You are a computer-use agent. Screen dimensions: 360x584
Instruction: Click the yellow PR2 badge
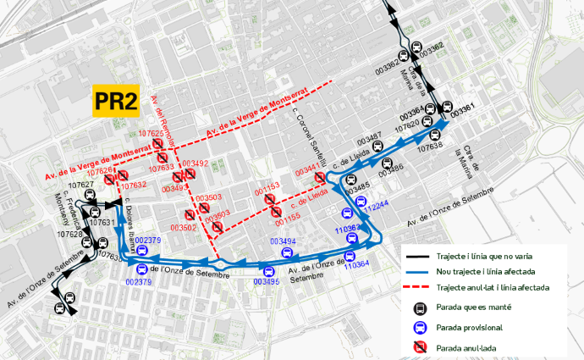click(115, 102)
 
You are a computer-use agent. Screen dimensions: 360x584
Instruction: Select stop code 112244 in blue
click(376, 205)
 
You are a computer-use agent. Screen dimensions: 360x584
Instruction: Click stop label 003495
click(266, 281)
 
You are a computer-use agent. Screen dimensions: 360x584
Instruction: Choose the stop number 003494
click(283, 241)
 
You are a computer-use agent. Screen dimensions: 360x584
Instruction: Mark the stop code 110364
click(356, 264)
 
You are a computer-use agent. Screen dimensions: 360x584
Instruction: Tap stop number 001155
click(287, 217)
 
